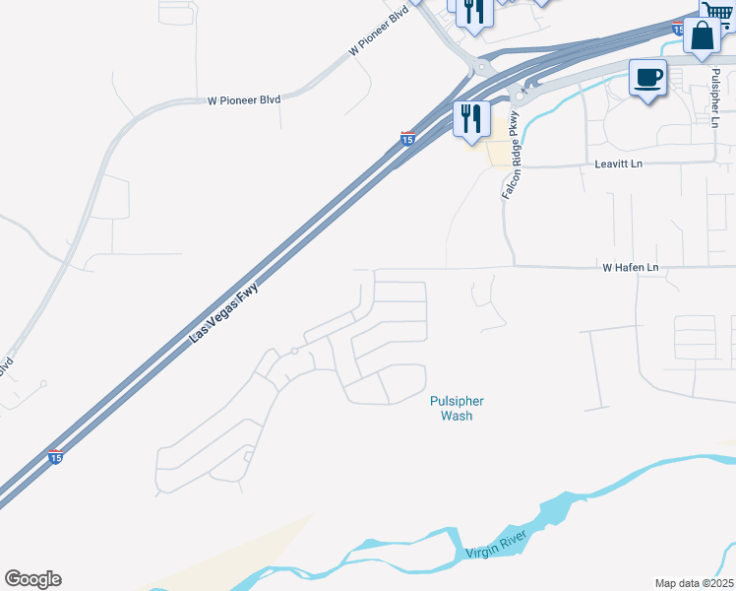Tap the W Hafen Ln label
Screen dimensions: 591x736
tap(630, 268)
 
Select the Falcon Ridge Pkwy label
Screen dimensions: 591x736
tap(510, 156)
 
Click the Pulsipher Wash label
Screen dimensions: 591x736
tap(457, 408)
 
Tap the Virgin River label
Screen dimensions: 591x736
tap(497, 545)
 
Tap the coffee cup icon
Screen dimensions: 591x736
tap(647, 78)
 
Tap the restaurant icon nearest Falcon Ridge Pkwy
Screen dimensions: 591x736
tap(470, 119)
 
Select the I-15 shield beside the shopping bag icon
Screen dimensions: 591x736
tap(679, 29)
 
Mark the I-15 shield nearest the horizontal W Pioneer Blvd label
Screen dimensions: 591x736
tap(407, 140)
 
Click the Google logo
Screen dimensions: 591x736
tap(32, 578)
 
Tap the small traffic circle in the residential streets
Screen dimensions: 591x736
tap(293, 351)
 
